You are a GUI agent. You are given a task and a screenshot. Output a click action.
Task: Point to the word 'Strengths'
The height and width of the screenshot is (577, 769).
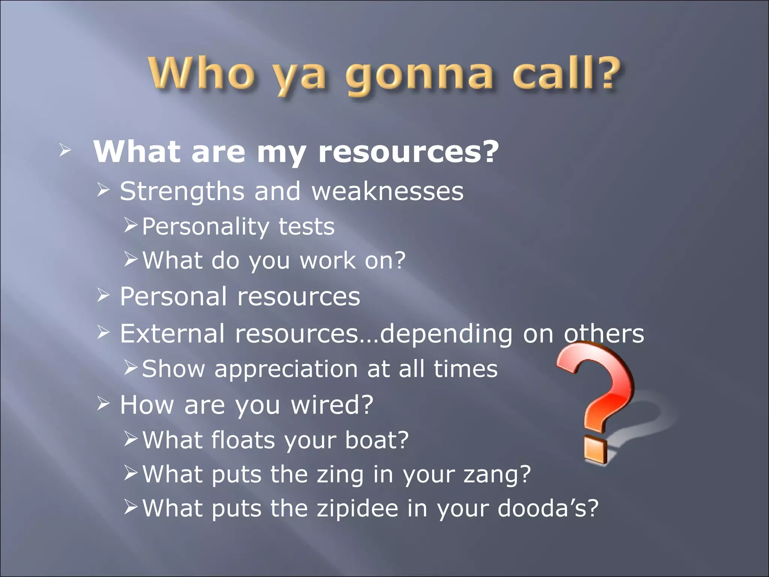(182, 192)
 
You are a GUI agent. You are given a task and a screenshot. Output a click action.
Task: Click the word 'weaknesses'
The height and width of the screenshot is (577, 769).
(388, 192)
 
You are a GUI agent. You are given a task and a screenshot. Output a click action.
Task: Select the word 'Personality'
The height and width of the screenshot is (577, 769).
(205, 227)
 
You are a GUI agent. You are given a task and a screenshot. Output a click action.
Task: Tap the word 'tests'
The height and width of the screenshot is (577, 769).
(306, 227)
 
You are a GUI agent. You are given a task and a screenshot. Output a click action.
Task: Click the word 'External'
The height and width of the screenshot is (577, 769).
(172, 334)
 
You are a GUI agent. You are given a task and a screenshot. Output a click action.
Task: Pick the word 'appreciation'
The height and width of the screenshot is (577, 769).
(286, 369)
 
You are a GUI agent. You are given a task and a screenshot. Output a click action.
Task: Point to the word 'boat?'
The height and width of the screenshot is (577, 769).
(377, 440)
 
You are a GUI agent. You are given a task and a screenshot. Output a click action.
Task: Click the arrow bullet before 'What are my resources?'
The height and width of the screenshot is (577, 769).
(65, 151)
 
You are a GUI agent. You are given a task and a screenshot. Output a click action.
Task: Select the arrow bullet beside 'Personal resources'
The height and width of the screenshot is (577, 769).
(103, 296)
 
